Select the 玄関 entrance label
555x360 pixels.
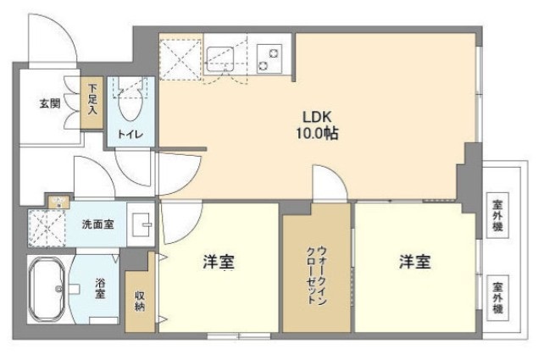click(48, 104)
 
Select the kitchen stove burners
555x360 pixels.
click(270, 56)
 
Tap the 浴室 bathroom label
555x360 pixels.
click(100, 289)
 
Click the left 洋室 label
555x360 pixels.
click(218, 263)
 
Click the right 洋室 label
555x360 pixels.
click(414, 263)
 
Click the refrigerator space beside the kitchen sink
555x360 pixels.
click(181, 55)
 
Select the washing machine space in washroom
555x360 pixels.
click(47, 227)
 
